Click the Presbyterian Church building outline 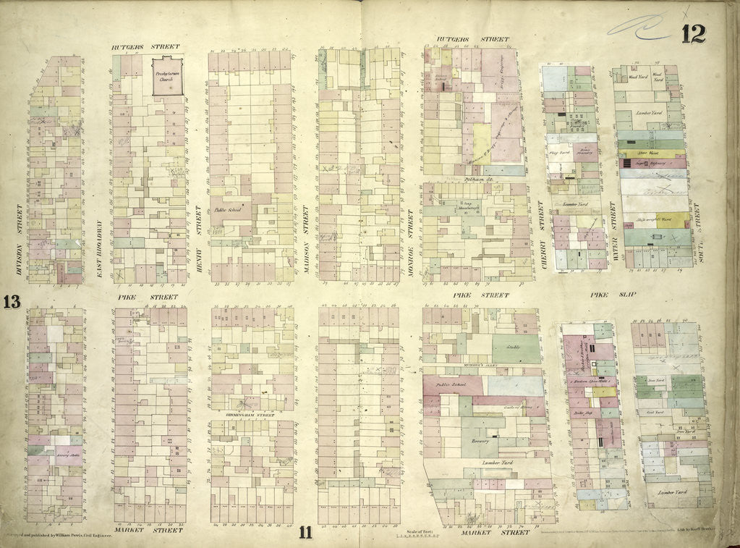pyautogui.click(x=167, y=75)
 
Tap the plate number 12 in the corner pyautogui.click(x=692, y=33)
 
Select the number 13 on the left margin pyautogui.click(x=12, y=302)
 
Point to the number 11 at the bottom pyautogui.click(x=305, y=534)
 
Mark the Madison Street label pyautogui.click(x=306, y=235)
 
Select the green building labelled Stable pyautogui.click(x=516, y=348)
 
